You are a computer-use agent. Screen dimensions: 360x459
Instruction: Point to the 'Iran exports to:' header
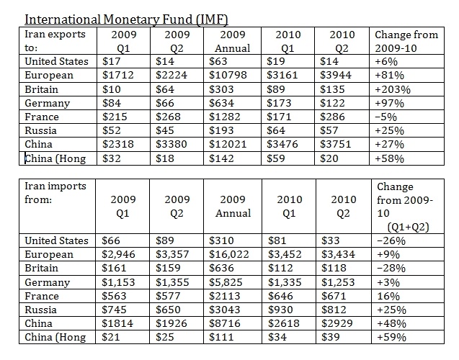pos(55,41)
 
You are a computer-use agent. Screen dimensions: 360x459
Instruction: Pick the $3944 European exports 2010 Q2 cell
pos(337,74)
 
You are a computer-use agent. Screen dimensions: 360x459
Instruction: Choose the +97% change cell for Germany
pos(388,103)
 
